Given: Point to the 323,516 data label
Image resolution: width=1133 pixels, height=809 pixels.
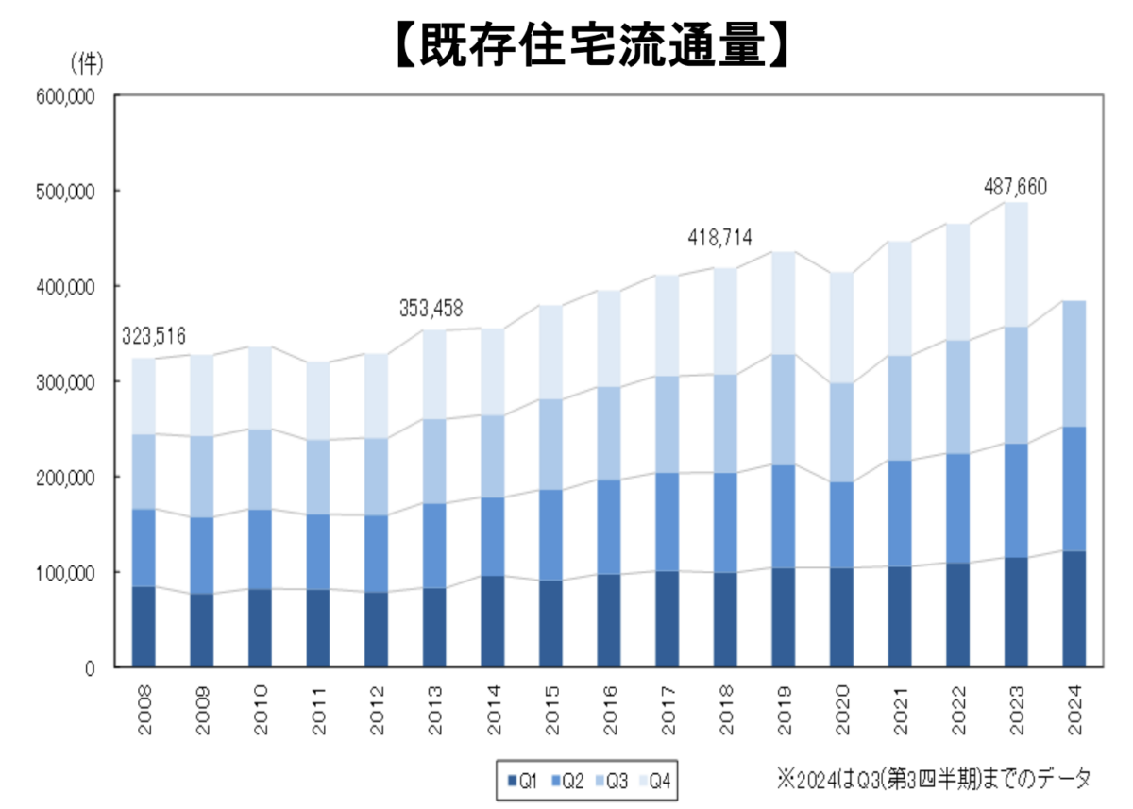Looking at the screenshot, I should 152,335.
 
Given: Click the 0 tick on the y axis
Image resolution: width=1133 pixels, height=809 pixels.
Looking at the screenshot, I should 90,668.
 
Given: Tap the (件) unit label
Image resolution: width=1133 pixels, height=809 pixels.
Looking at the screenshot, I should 86,63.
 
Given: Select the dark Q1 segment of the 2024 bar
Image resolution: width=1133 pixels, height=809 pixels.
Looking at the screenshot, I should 1074,609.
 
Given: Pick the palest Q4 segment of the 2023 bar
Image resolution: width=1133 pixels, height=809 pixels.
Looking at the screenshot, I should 1017,264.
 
